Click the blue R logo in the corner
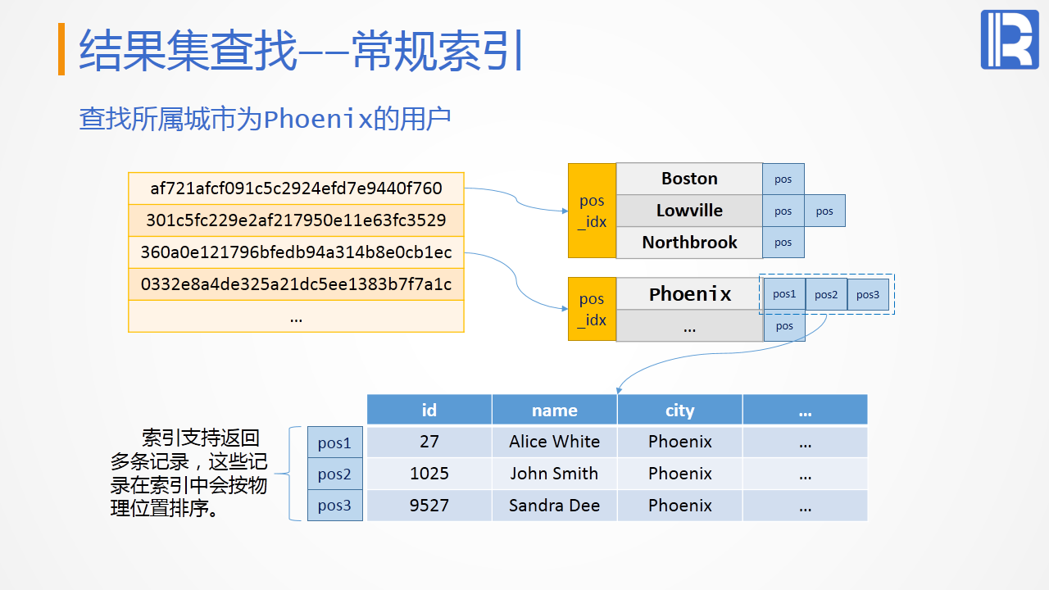(x=1009, y=40)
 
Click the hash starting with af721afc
(x=296, y=188)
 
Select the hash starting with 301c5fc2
(x=296, y=220)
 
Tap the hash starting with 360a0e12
(x=296, y=252)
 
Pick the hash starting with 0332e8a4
(x=296, y=284)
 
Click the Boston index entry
(x=689, y=179)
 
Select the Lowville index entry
(x=689, y=211)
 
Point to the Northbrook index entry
(x=689, y=243)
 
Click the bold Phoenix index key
(x=689, y=294)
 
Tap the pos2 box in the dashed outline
(x=826, y=295)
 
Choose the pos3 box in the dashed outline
(x=868, y=295)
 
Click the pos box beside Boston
(x=783, y=179)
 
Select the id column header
(x=429, y=410)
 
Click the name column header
(x=555, y=410)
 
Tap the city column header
(x=680, y=410)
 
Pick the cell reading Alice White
(x=555, y=442)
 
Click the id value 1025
(x=429, y=474)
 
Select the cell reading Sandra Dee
(x=555, y=506)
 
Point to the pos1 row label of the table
(x=334, y=443)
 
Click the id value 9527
(x=429, y=506)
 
